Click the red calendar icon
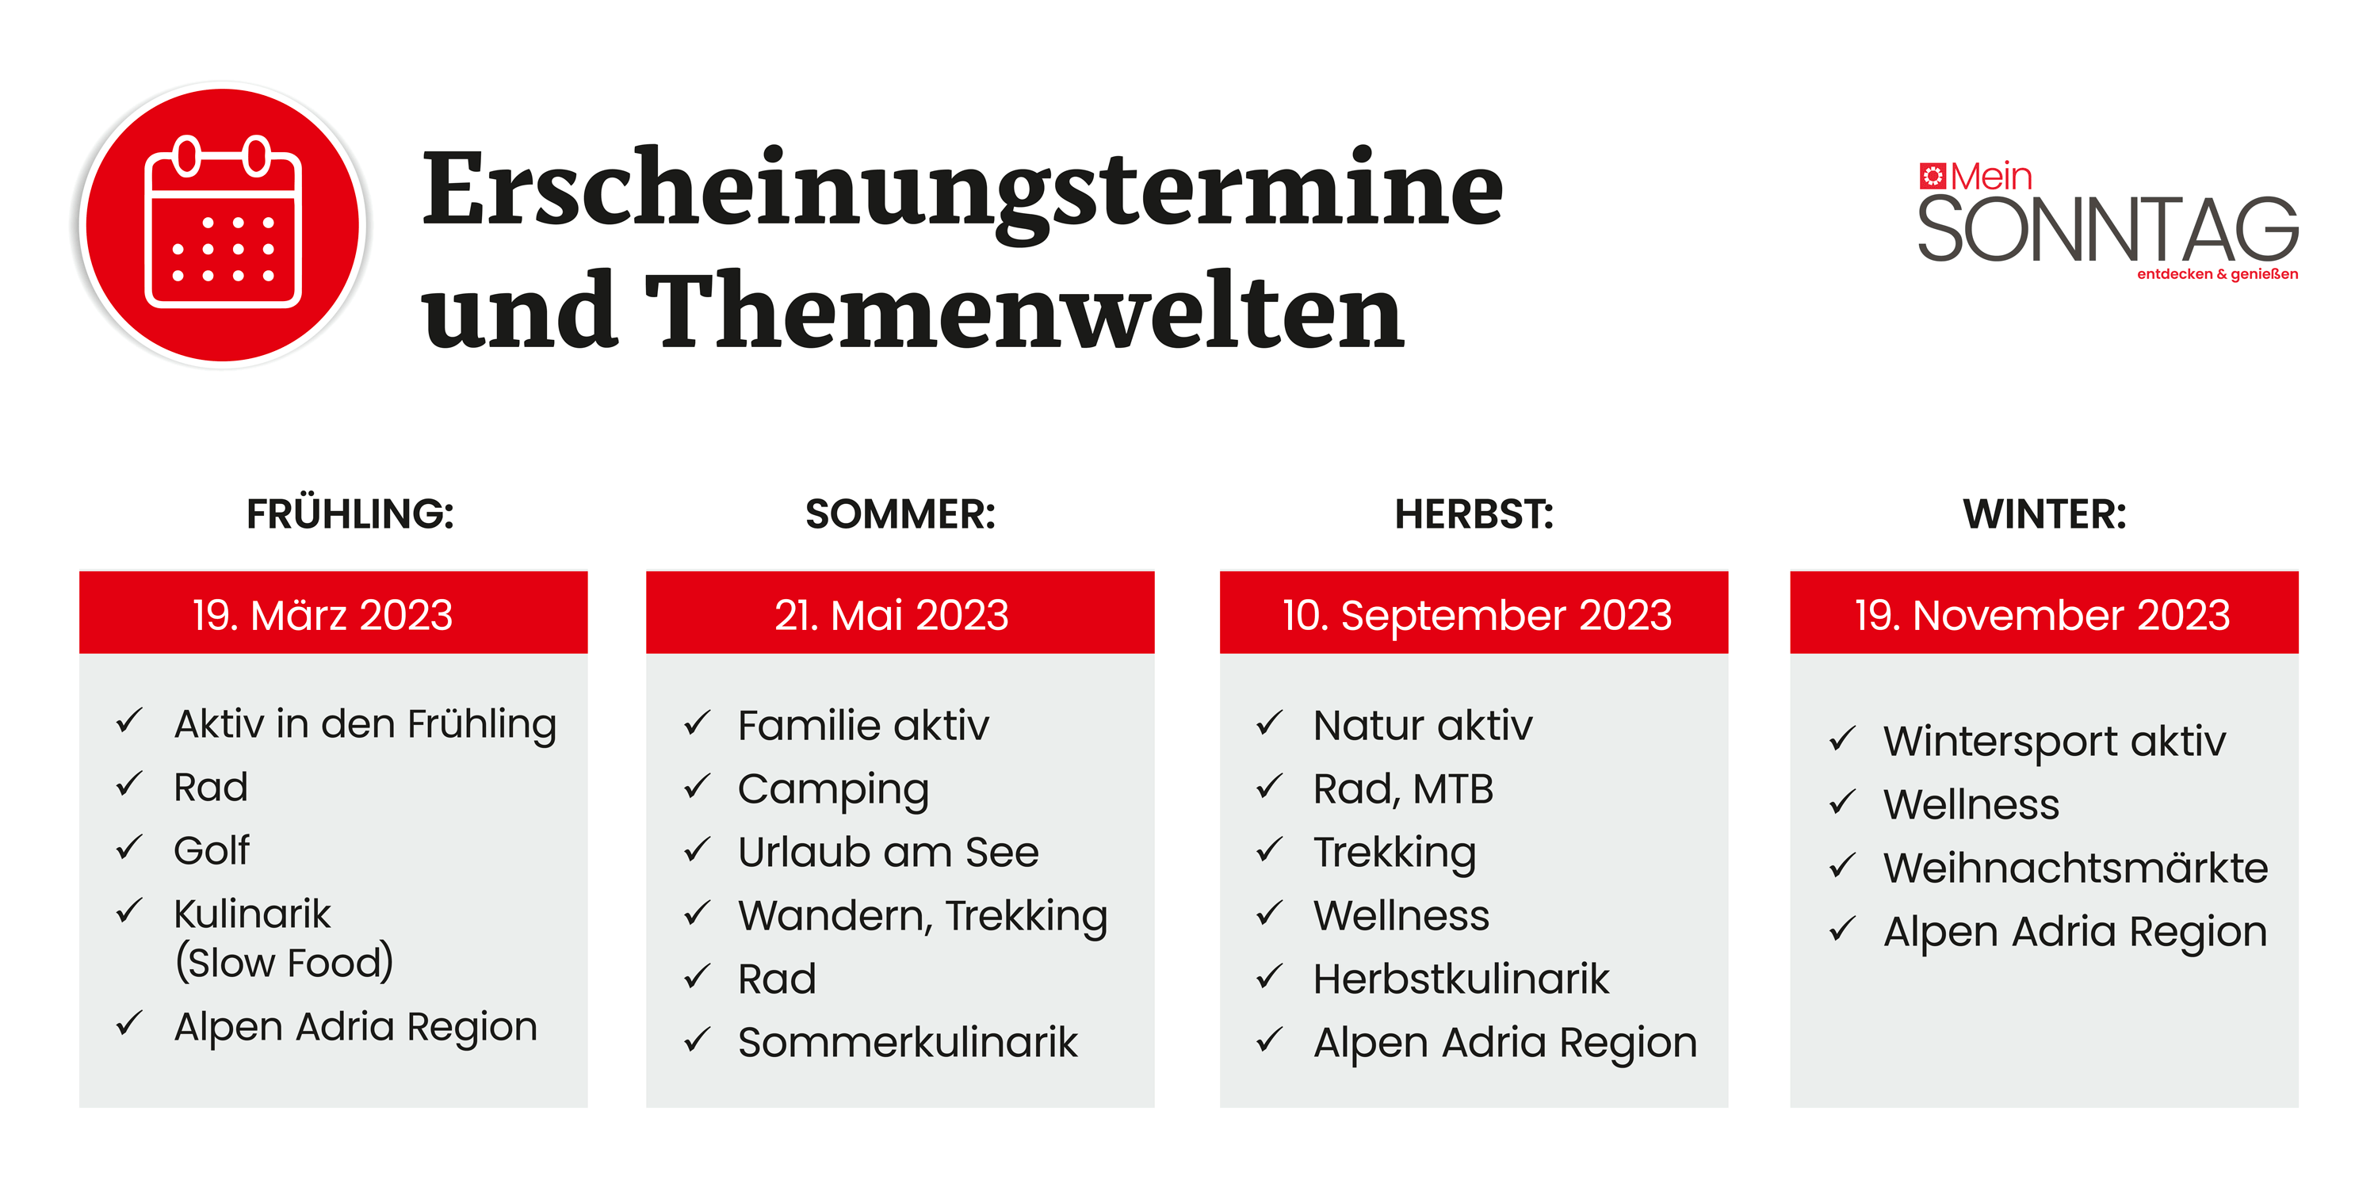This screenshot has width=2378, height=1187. click(x=223, y=224)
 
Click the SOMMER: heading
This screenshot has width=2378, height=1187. click(x=900, y=514)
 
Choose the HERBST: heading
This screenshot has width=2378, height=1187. click(x=1474, y=514)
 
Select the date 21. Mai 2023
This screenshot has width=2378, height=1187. click(x=891, y=615)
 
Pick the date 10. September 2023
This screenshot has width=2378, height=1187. click(x=1476, y=616)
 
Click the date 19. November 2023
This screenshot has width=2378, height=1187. click(x=2042, y=615)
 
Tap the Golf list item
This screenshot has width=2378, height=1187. click(x=212, y=850)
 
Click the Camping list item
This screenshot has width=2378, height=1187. click(x=832, y=790)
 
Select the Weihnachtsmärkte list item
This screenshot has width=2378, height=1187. click(x=2075, y=868)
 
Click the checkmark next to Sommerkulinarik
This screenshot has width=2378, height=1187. click(x=697, y=1040)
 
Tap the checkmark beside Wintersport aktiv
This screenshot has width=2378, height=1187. click(x=1841, y=739)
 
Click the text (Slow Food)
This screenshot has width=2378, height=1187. click(x=285, y=963)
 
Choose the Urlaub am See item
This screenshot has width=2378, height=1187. click(x=888, y=852)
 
